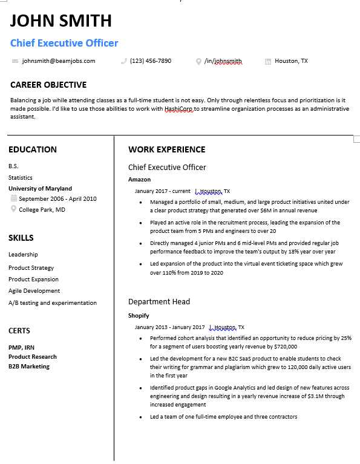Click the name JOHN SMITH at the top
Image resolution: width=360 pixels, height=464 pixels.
[x=61, y=21]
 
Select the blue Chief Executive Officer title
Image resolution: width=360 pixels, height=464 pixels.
[x=64, y=43]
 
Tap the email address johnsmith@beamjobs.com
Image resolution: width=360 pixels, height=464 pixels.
[x=59, y=61]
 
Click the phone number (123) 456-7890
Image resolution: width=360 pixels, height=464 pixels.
[x=151, y=61]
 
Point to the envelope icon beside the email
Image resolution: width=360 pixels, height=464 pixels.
[x=15, y=61]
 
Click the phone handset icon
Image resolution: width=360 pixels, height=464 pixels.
[x=124, y=61]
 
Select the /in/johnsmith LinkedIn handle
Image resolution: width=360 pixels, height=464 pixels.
[x=223, y=61]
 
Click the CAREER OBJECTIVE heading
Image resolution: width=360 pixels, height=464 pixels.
[x=48, y=85]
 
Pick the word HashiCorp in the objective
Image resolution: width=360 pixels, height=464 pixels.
[x=180, y=109]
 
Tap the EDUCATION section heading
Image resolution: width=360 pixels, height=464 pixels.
[x=33, y=149]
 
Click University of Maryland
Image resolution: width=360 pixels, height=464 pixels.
[x=40, y=189]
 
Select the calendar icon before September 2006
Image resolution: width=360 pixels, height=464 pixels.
[x=14, y=199]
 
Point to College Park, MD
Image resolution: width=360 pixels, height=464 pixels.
[x=42, y=210]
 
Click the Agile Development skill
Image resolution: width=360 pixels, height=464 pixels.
[x=34, y=291]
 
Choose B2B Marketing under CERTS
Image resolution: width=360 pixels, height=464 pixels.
[x=29, y=367]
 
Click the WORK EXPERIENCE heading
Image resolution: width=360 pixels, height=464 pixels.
[x=166, y=149]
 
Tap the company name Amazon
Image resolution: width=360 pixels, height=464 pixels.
[x=139, y=180]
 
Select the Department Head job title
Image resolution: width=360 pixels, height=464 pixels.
[x=159, y=302]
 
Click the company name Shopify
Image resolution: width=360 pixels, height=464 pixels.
[x=139, y=316]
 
